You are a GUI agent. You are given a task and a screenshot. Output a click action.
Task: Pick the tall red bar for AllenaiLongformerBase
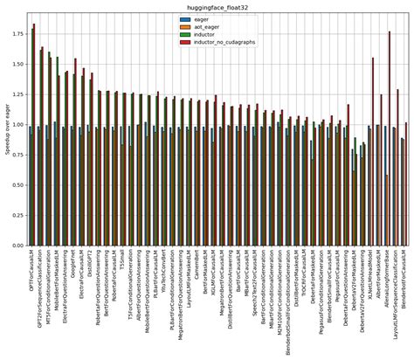tap(390, 140)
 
